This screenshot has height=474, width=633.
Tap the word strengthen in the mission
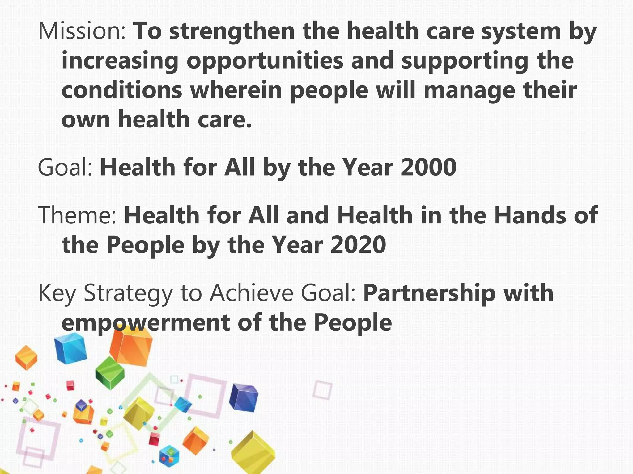click(232, 31)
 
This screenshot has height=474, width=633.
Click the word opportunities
click(265, 61)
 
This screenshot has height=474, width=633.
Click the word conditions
click(122, 90)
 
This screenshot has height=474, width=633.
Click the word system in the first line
click(521, 31)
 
